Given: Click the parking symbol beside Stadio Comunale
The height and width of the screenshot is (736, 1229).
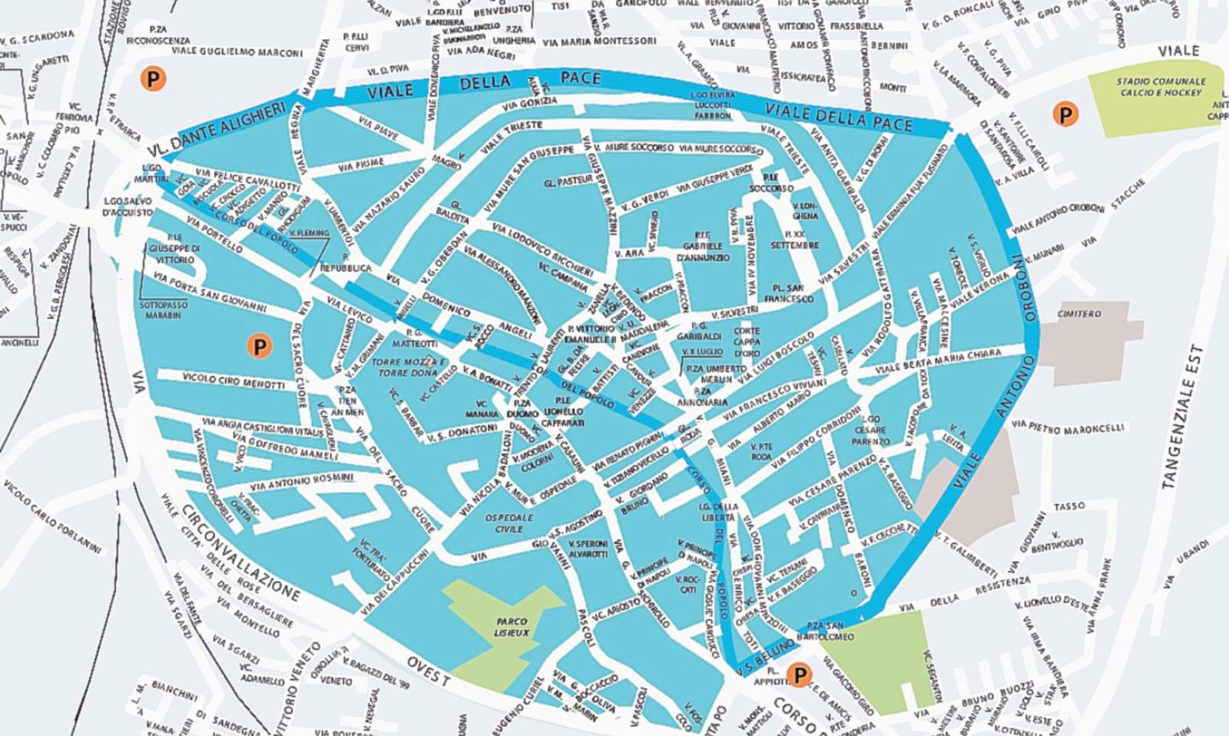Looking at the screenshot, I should coord(1065,114).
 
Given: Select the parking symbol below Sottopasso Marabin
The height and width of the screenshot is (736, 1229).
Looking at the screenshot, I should coord(260,346).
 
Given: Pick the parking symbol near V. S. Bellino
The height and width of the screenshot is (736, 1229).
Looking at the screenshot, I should coord(800,675).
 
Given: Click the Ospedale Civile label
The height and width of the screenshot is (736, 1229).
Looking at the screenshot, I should coord(508,523).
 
